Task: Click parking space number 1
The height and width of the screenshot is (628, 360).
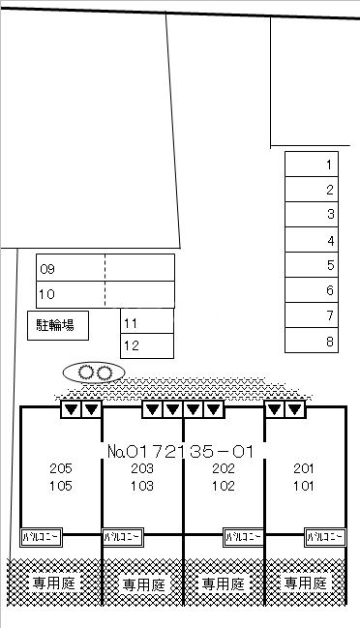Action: coord(311,164)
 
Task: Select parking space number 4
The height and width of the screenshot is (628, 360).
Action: coord(311,240)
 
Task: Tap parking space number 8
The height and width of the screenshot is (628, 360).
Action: coord(311,341)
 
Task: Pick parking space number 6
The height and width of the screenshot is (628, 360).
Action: coord(311,290)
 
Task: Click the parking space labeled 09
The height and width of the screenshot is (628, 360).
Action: coord(71,268)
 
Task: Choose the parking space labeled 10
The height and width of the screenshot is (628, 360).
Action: coord(71,293)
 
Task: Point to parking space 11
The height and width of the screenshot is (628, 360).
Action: coord(147,322)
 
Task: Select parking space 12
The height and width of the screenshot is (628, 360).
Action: coord(147,345)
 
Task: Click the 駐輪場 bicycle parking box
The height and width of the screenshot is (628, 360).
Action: coord(58,326)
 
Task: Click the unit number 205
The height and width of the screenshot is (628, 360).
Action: coord(60,469)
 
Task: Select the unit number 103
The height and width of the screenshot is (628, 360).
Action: coord(141,487)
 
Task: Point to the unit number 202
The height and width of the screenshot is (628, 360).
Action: coord(223,469)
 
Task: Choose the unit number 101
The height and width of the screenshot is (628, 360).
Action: coord(303,487)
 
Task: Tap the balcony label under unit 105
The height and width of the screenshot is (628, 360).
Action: coord(42,535)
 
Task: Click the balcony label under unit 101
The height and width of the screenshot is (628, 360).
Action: coord(325,535)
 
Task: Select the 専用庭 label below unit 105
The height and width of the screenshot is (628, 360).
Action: coord(54,583)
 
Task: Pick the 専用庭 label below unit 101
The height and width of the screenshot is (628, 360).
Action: coord(306,583)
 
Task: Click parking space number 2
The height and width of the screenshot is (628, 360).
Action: coord(311,190)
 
